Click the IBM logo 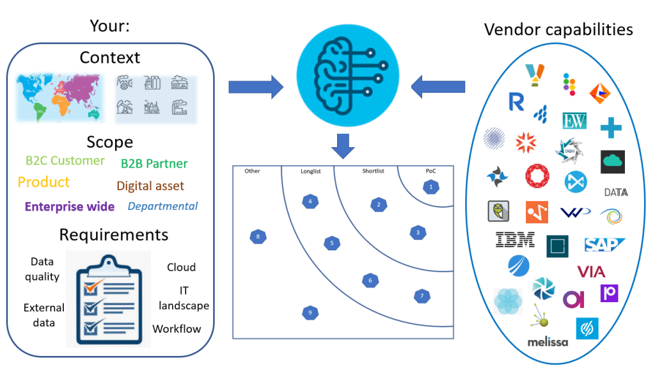515,240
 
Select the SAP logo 603,245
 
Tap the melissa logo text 548,342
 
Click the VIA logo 591,271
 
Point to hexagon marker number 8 257,237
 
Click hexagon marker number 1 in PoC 431,187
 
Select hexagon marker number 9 310,312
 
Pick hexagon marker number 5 331,243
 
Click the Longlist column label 313,171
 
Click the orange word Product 43,182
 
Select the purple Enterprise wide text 70,207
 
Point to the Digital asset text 150,186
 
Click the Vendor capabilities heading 558,29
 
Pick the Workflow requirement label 177,329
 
